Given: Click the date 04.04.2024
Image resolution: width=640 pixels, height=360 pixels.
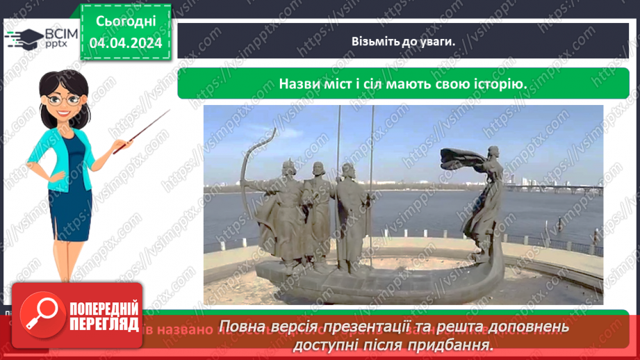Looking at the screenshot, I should pyautogui.click(x=125, y=42).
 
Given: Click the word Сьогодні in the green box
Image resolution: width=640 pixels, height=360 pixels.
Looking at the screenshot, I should pyautogui.click(x=125, y=22).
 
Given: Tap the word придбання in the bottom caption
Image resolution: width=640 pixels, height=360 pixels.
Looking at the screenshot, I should pyautogui.click(x=459, y=345).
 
